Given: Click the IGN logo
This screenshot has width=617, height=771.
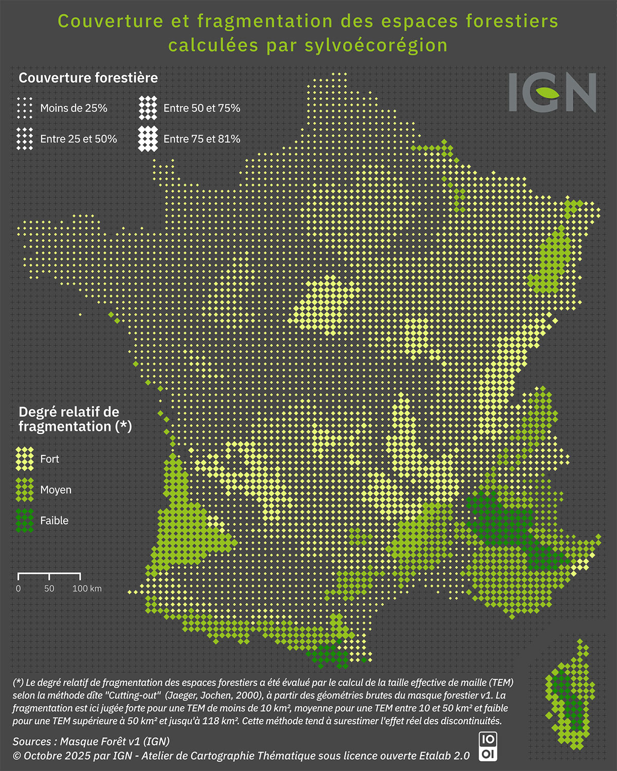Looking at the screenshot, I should coord(553,93).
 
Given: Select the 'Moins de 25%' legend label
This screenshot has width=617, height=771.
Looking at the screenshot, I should coord(74,108).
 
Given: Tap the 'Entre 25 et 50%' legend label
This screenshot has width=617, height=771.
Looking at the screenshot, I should coord(78,139).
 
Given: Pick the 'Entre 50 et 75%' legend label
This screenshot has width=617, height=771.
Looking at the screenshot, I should coord(202,108).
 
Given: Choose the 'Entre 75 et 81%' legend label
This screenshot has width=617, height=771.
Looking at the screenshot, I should coord(202,139).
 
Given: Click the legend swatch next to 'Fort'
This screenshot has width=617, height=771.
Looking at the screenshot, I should coord(25,459).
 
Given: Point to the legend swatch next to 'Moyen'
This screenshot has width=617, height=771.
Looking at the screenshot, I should coord(25,490).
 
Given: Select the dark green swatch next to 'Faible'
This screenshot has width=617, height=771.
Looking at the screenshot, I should coord(25,521).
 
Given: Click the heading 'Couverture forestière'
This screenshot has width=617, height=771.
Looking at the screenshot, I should coord(88,78).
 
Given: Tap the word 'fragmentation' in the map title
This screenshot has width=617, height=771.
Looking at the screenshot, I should coord(265,22).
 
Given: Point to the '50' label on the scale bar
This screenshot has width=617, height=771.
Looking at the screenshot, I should coord(49,589).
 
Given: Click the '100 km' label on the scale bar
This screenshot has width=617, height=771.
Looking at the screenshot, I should coord(87,589).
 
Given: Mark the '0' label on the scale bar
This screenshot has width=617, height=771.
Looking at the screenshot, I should coord(19,589).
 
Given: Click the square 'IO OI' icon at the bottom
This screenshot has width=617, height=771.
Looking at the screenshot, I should coord(487,747).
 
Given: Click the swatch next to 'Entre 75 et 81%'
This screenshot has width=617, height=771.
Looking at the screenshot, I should coord(148,139).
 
